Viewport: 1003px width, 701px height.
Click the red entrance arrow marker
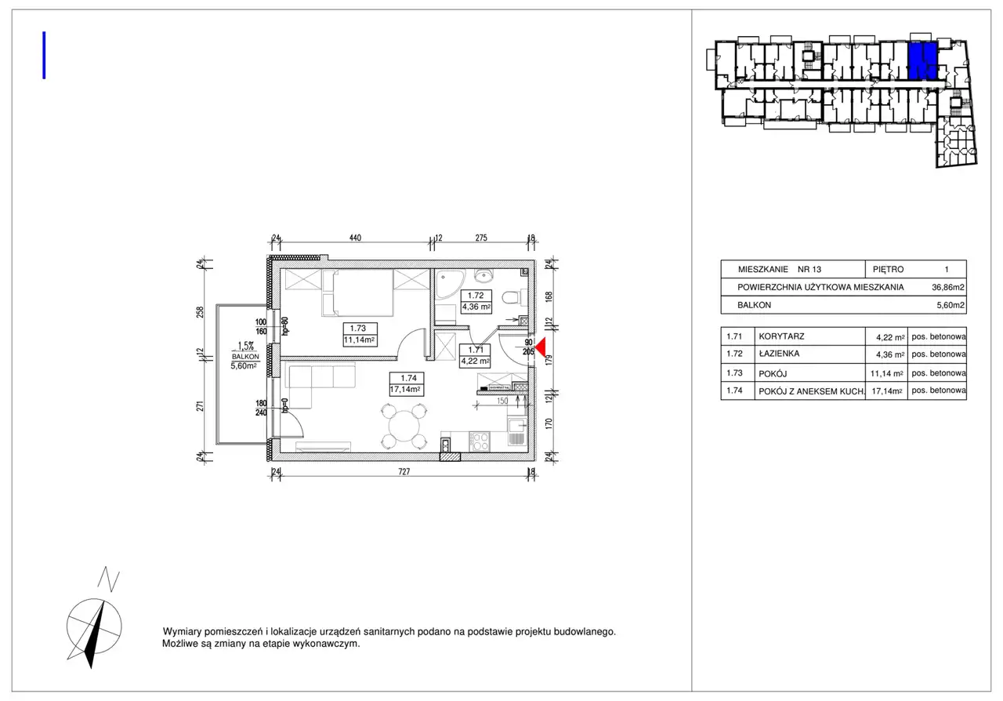541,348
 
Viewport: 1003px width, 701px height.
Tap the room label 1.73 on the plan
358,329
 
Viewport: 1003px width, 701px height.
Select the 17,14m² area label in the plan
405,390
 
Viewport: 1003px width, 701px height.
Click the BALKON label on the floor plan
245,357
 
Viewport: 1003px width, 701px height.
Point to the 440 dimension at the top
355,238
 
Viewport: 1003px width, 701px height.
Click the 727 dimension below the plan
404,471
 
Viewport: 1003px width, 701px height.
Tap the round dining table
404,426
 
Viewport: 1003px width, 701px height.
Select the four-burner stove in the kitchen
480,441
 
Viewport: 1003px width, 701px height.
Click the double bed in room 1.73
357,292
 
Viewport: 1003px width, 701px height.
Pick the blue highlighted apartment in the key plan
923,61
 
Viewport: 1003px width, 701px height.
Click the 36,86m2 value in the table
948,287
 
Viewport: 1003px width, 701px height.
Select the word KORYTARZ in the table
781,336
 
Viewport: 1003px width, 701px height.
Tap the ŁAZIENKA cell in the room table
779,354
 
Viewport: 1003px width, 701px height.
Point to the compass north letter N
109,579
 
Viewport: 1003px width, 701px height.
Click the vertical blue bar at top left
44,55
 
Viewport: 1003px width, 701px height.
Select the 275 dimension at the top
481,238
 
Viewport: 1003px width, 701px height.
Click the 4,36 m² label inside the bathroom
476,307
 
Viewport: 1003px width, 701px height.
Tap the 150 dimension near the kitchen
502,401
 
